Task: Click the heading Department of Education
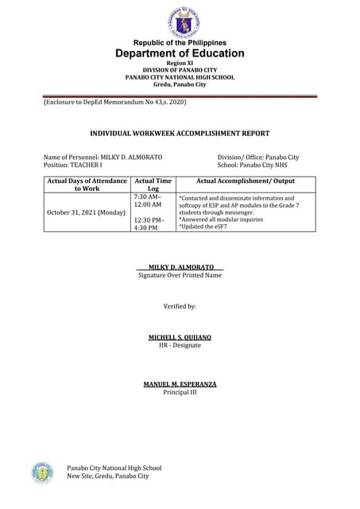tap(180, 53)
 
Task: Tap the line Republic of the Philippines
tap(180, 42)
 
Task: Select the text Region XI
tap(180, 63)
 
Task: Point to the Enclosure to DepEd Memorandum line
tap(114, 102)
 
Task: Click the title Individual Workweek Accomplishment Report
tap(180, 134)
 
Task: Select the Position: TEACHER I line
tap(73, 165)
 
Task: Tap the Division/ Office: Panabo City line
tap(257, 157)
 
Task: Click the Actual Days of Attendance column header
tap(87, 185)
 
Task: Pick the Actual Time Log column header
tap(153, 185)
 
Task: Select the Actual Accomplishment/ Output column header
tap(245, 181)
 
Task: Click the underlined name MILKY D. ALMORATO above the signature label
tap(180, 266)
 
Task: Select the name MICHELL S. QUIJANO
tap(180, 337)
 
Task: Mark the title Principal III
tap(180, 392)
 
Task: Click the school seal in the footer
tap(42, 472)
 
